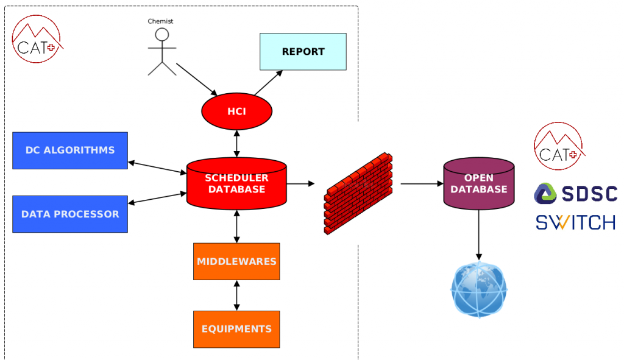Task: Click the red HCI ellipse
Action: tap(236, 111)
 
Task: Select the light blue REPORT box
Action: tap(303, 52)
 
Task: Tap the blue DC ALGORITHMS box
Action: tap(70, 150)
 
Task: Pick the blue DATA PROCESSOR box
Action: tap(70, 214)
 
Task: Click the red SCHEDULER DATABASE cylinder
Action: tap(236, 184)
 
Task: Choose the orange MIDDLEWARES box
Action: tap(236, 261)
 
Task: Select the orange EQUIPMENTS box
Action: tap(236, 329)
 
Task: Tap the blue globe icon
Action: tap(479, 290)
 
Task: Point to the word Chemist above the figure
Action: tap(160, 21)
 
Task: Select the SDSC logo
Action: tap(575, 194)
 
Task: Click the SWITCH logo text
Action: tap(575, 222)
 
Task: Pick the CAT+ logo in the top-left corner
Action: tap(37, 40)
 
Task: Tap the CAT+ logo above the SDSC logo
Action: tap(557, 147)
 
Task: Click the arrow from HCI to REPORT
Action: tap(269, 82)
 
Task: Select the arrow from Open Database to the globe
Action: tap(478, 234)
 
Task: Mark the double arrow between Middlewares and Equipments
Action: tap(236, 295)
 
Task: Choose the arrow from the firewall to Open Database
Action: tap(420, 183)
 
